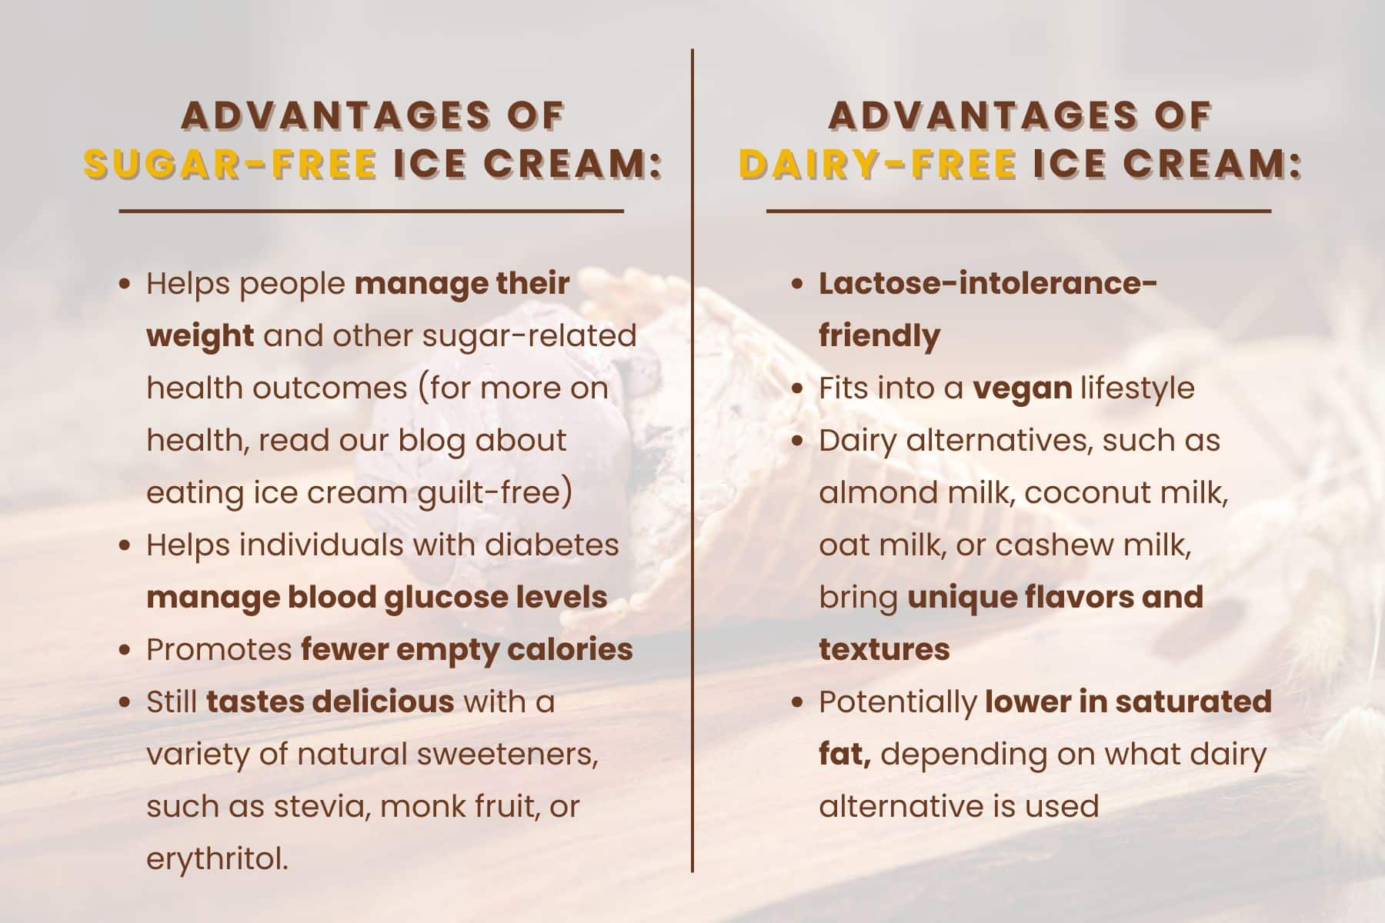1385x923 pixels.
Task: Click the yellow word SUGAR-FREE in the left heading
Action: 230,164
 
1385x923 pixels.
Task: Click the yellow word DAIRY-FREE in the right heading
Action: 877,164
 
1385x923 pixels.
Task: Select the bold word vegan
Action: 1023,388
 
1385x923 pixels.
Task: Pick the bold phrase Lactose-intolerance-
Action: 988,283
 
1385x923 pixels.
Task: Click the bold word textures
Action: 884,650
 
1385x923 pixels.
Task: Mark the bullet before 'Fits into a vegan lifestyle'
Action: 798,389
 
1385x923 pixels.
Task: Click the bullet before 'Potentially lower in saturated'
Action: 798,703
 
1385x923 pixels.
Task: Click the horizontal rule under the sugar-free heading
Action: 371,210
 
